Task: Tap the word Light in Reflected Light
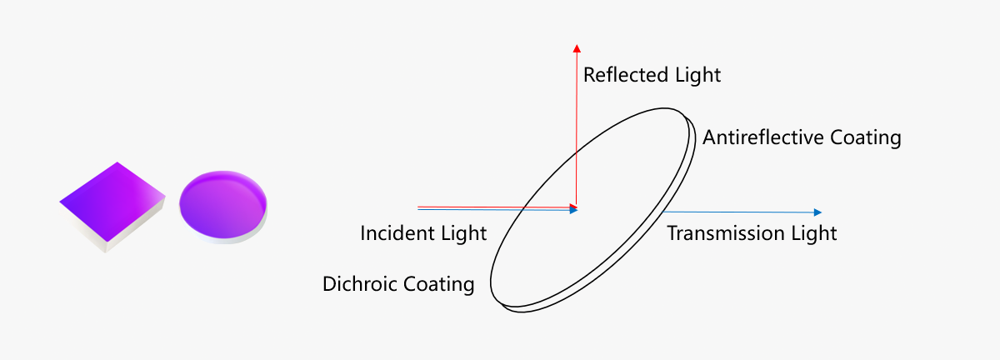click(697, 75)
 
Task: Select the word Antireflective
click(763, 137)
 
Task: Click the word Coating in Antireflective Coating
click(866, 138)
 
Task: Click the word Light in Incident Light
click(463, 233)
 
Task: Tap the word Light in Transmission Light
click(814, 233)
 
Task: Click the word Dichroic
click(359, 284)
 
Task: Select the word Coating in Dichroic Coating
click(438, 284)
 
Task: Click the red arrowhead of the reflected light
click(577, 48)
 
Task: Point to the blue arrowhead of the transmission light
click(817, 212)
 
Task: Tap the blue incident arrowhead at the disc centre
click(574, 210)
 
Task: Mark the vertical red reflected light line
click(577, 128)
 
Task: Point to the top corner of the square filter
click(117, 162)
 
